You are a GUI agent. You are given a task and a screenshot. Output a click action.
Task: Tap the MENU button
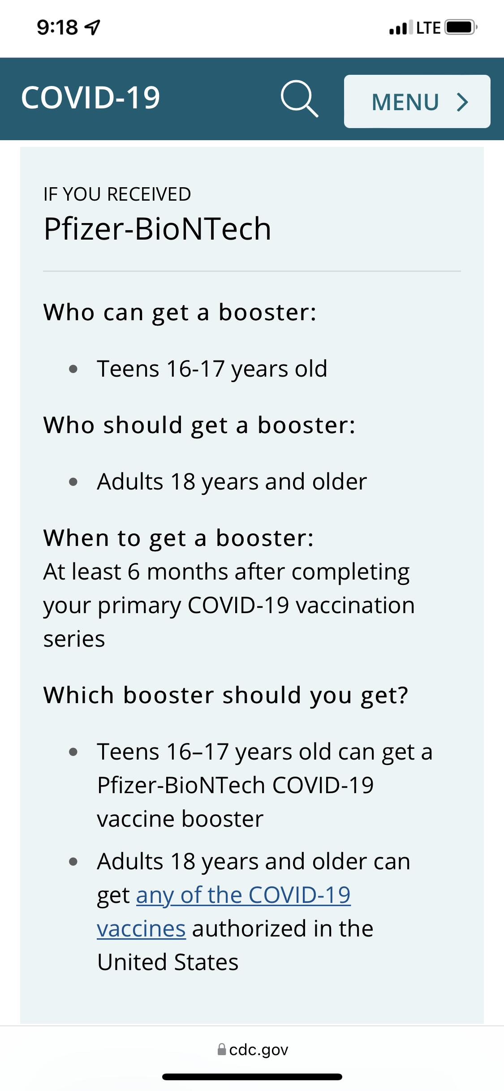(x=417, y=101)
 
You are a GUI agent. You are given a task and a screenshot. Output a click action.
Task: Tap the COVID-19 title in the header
(x=90, y=98)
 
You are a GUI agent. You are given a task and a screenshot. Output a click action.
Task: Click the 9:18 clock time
(x=57, y=28)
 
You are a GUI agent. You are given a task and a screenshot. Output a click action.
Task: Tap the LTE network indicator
(x=428, y=28)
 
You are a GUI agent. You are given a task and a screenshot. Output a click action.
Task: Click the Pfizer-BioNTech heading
(x=157, y=229)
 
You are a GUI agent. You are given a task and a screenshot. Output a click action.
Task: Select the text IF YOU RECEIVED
(x=117, y=194)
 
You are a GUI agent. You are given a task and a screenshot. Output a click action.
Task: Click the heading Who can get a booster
(x=180, y=313)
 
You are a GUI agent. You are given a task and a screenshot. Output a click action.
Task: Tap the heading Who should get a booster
(x=199, y=425)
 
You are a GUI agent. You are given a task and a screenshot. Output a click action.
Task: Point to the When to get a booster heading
(x=178, y=538)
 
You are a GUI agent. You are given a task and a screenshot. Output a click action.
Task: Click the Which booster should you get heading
(x=226, y=696)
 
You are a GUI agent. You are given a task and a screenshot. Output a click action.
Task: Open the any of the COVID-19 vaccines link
(x=224, y=912)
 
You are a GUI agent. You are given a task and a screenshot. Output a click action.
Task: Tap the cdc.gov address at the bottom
(x=258, y=1050)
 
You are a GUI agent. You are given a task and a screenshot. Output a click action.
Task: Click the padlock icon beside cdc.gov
(x=222, y=1049)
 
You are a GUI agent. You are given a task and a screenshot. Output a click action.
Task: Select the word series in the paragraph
(x=74, y=639)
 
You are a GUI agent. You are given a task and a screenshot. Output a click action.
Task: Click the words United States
(x=168, y=962)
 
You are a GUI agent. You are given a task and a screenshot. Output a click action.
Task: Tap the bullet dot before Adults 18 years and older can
(x=73, y=861)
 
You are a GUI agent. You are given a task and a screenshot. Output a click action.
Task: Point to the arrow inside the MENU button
(x=463, y=102)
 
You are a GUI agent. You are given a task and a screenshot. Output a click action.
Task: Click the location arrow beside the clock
(x=92, y=28)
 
